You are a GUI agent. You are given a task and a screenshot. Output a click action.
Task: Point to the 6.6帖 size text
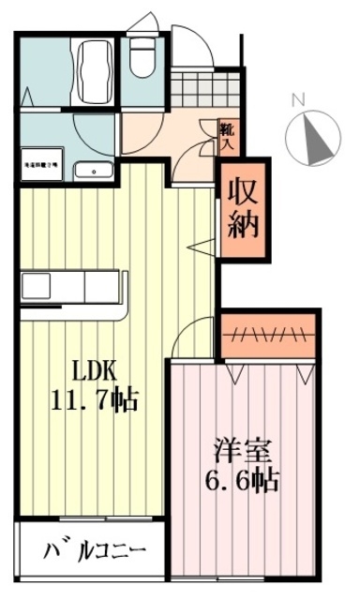(x=242, y=482)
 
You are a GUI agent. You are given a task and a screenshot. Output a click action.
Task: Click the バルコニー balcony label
(x=94, y=548)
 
